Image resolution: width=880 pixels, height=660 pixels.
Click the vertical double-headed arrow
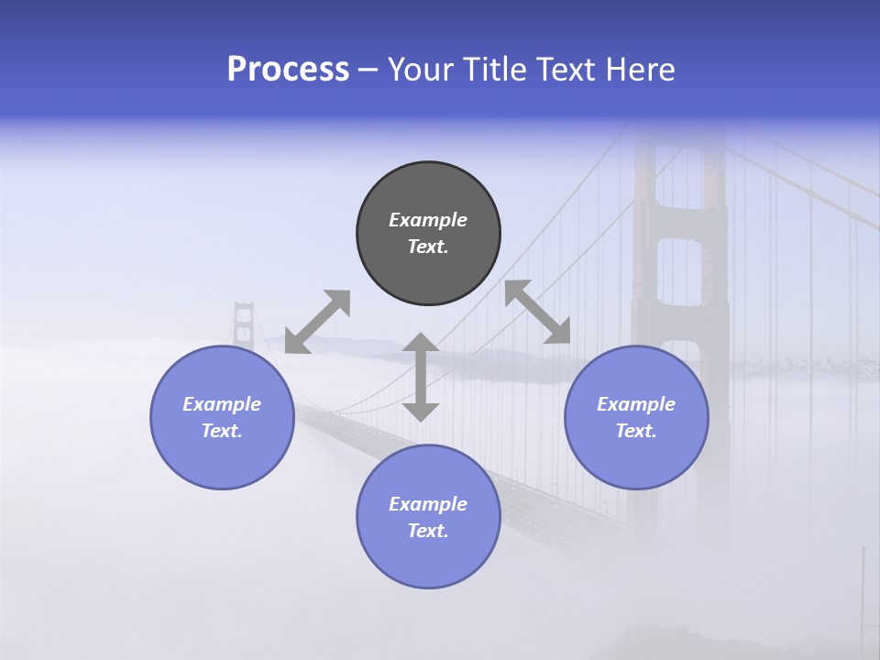[x=421, y=377]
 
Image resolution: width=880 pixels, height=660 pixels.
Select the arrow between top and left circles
[x=317, y=321]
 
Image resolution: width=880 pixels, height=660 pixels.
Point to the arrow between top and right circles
[x=537, y=312]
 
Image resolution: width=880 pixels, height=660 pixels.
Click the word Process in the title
[x=288, y=70]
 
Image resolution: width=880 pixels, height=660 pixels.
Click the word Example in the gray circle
[x=428, y=220]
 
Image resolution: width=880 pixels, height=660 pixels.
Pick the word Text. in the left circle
[x=222, y=431]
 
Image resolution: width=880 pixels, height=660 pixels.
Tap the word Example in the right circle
[x=636, y=404]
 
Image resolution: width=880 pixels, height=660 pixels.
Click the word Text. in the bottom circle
[x=428, y=531]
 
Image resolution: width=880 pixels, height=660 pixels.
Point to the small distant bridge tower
[x=243, y=326]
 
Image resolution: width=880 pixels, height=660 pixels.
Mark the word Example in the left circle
[x=222, y=404]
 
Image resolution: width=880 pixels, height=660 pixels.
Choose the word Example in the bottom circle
[x=428, y=504]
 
